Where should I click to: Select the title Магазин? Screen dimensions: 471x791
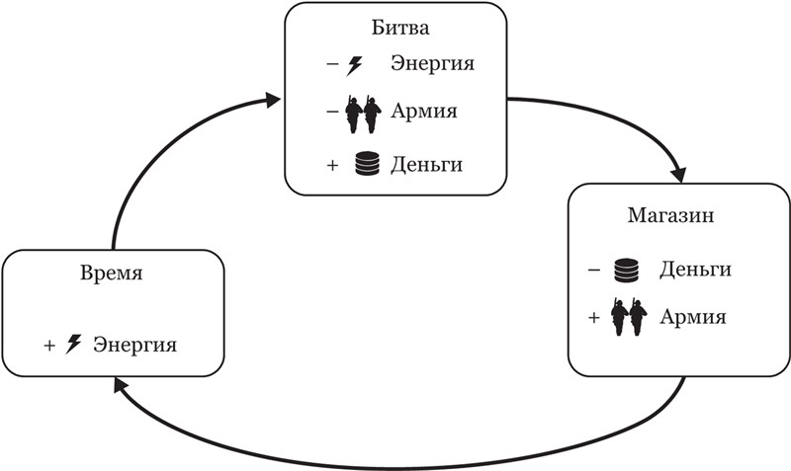tap(664, 214)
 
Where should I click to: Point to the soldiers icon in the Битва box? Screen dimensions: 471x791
tap(362, 115)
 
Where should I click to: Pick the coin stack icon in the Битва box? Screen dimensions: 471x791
tap(367, 164)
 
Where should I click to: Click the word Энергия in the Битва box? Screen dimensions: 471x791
tap(433, 65)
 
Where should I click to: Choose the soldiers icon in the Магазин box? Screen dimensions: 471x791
tap(628, 317)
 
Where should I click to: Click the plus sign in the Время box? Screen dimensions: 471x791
tap(48, 346)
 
